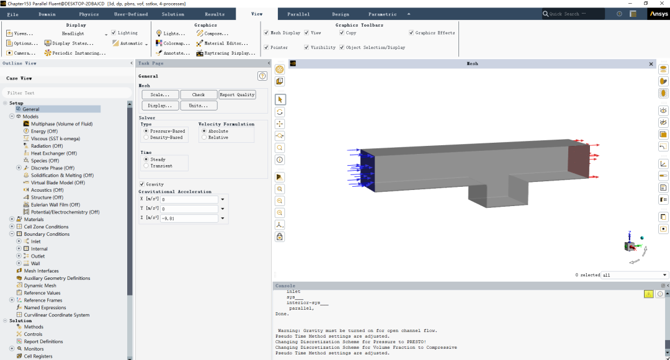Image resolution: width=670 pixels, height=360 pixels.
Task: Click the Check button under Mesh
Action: [199, 94]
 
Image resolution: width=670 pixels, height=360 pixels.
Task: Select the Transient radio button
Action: [146, 166]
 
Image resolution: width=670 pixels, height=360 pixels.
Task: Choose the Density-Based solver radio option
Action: [146, 138]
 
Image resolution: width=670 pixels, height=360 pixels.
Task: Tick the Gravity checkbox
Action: [142, 184]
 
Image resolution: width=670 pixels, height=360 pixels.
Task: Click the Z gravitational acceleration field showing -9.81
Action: [189, 218]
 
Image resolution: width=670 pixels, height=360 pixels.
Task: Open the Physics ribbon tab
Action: [89, 14]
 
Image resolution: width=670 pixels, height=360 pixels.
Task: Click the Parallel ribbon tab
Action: [298, 14]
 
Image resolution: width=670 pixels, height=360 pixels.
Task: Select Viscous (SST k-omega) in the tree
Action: [55, 138]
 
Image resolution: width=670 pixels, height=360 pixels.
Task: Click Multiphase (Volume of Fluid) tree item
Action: [61, 124]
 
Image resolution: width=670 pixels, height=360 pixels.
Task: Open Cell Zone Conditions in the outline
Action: [46, 227]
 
